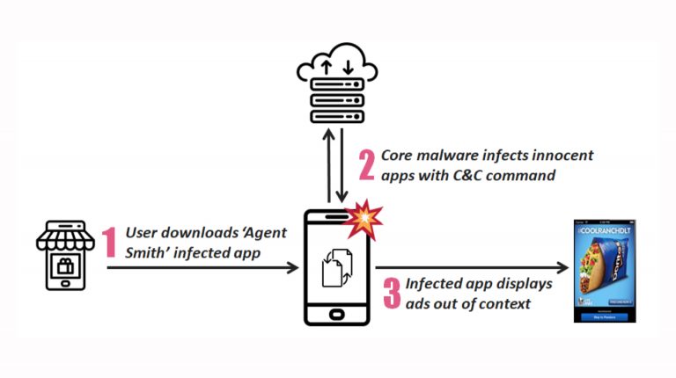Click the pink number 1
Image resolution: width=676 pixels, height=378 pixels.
pos(111,242)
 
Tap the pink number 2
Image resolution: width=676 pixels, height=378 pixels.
pos(366,164)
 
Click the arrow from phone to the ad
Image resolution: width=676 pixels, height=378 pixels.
pos(472,266)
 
